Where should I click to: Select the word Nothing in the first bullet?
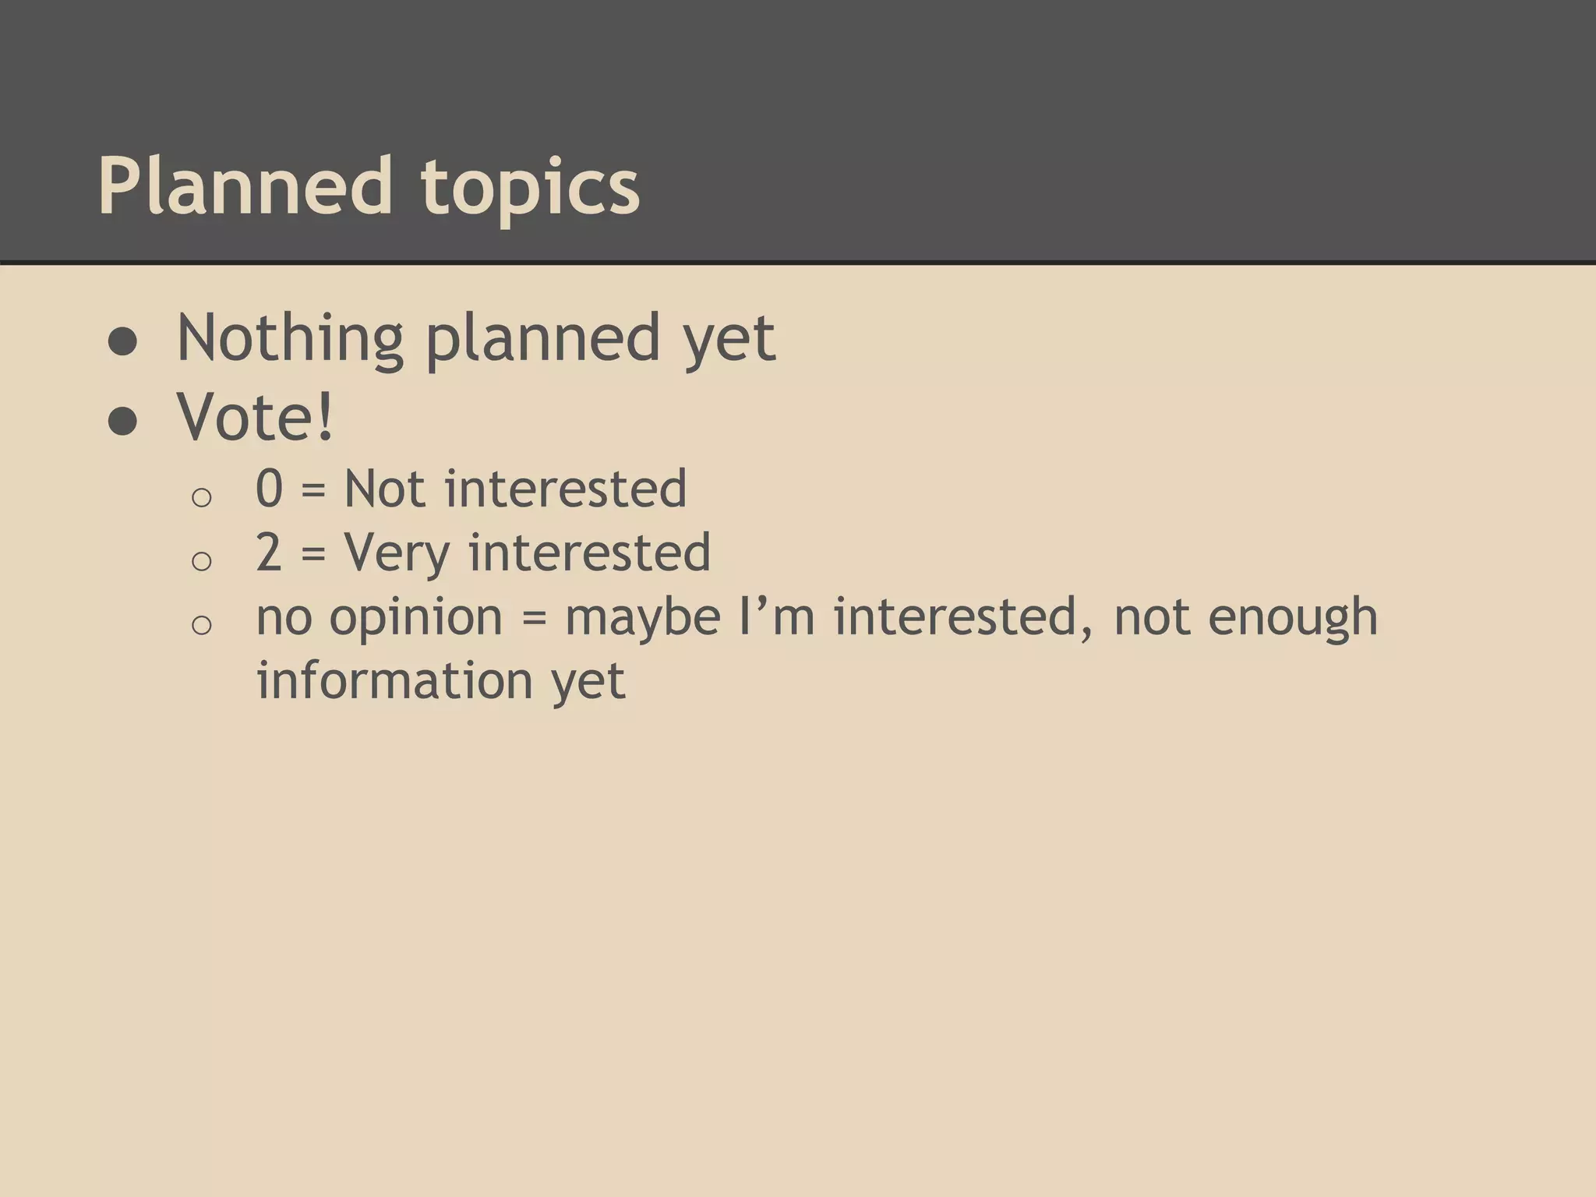point(290,338)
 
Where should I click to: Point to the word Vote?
point(256,417)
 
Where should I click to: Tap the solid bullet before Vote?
point(123,422)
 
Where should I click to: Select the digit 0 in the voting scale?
point(270,489)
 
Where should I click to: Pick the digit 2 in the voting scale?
point(270,553)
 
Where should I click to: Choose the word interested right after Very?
point(589,553)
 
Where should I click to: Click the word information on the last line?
point(394,680)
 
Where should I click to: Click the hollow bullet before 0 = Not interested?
point(201,497)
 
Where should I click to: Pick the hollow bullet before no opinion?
point(201,624)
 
